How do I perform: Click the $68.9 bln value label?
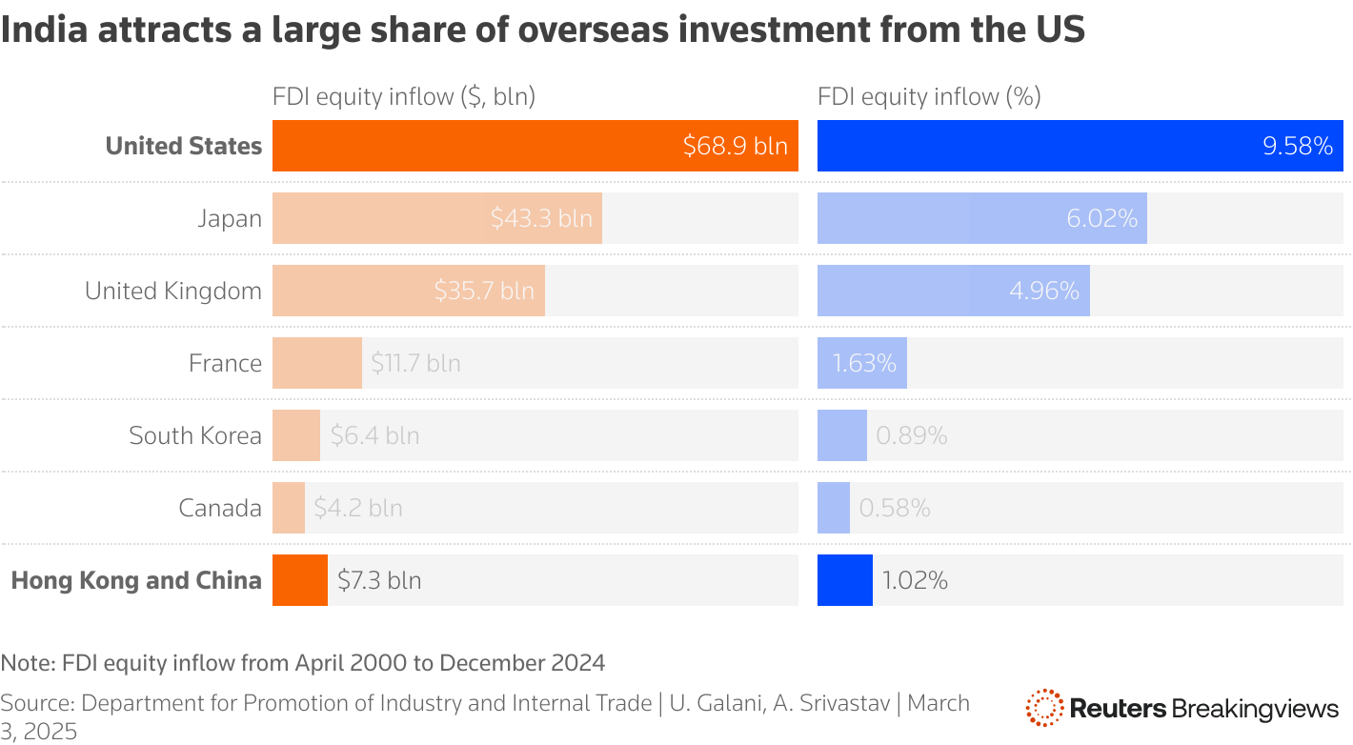pyautogui.click(x=735, y=146)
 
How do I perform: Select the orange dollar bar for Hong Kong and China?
pyautogui.click(x=299, y=580)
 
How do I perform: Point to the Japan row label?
pyautogui.click(x=229, y=218)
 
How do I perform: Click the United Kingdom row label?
pyautogui.click(x=172, y=291)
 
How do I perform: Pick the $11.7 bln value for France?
pyautogui.click(x=415, y=363)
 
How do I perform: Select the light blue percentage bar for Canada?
pyautogui.click(x=833, y=508)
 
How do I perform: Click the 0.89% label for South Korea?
pyautogui.click(x=911, y=435)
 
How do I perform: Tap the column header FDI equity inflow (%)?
pyautogui.click(x=929, y=96)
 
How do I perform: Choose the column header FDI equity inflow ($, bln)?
pyautogui.click(x=404, y=96)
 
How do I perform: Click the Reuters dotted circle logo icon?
pyautogui.click(x=1044, y=708)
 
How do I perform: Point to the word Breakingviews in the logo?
pyautogui.click(x=1255, y=708)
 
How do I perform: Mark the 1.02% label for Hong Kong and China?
pyautogui.click(x=915, y=580)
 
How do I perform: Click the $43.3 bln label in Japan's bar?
pyautogui.click(x=541, y=218)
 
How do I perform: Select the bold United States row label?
pyautogui.click(x=183, y=146)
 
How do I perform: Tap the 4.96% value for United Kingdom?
pyautogui.click(x=1044, y=291)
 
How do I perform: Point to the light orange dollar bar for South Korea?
pyautogui.click(x=295, y=435)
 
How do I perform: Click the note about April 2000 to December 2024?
pyautogui.click(x=303, y=662)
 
